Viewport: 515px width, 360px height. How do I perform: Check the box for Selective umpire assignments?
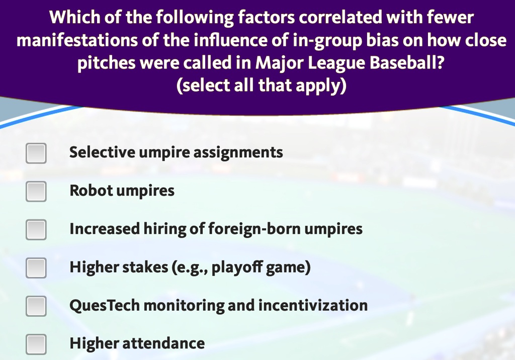36,153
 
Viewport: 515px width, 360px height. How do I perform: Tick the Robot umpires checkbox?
36,191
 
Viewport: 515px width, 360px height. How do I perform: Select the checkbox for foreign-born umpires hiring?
36,230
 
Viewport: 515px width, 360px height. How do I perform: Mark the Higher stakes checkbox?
36,267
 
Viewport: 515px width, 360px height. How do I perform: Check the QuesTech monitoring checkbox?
36,306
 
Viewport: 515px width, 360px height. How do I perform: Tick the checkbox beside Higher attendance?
36,344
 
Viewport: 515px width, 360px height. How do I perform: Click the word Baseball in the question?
406,63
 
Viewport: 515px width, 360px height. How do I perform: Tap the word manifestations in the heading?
77,40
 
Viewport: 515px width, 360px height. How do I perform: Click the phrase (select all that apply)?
262,86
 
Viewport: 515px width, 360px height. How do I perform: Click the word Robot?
91,191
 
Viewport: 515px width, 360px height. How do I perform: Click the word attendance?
163,343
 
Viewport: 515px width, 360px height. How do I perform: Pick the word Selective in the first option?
102,152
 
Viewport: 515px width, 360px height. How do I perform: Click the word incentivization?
313,306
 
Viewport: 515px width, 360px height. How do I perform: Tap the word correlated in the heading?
340,17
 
